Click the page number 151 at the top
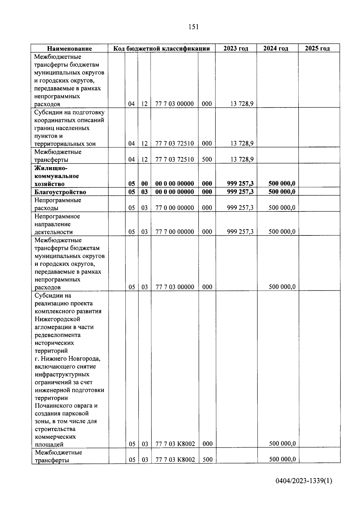193,27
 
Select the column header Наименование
70,49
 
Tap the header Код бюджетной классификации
161,49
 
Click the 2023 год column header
236,49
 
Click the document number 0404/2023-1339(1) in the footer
304,481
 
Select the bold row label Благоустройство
60,192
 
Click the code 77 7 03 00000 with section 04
175,104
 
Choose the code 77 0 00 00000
175,208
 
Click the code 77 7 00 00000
175,232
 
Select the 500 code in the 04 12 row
207,159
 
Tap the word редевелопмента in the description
58,335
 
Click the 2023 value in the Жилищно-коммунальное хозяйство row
240,184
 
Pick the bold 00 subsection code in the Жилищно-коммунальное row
145,184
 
